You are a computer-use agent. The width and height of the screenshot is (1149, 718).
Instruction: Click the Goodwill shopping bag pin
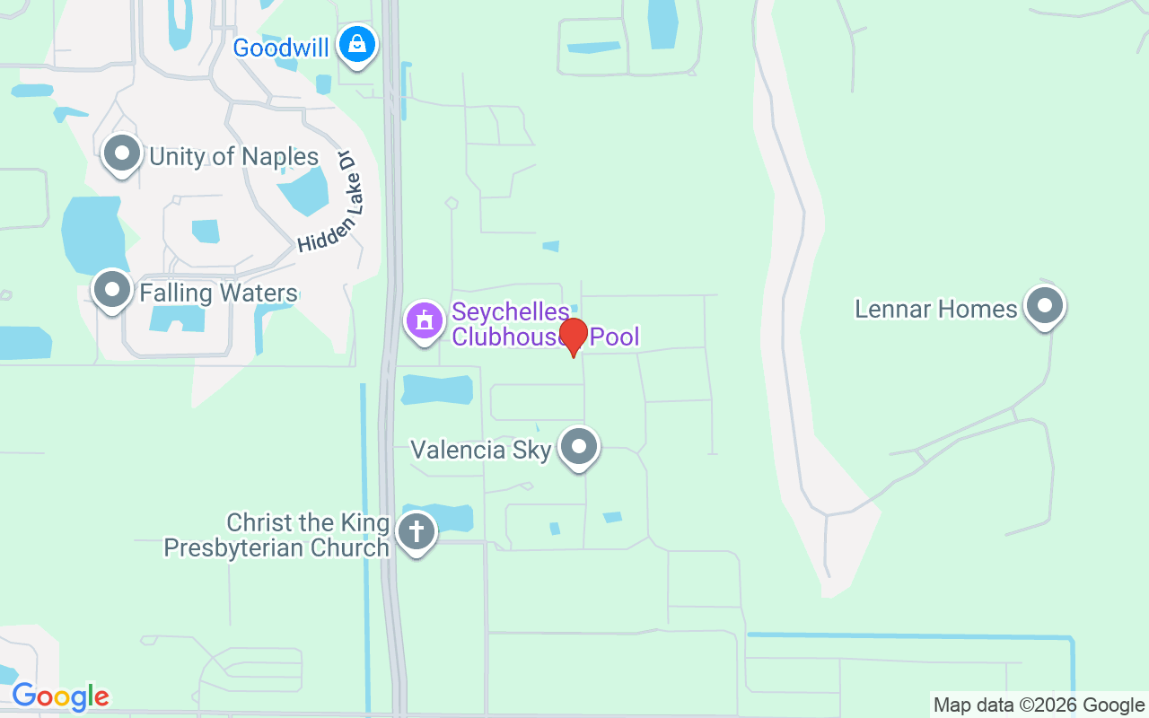357,44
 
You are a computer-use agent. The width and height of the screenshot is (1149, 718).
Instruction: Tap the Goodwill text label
281,48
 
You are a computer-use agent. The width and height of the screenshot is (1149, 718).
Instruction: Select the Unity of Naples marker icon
122,154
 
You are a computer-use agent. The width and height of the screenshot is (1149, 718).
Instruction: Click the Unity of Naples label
233,157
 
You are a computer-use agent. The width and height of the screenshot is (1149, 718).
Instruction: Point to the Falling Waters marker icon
112,290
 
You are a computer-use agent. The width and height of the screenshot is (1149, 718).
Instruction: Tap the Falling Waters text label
218,293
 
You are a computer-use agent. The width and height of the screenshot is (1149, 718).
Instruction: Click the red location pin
573,336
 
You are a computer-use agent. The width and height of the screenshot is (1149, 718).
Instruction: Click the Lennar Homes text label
935,310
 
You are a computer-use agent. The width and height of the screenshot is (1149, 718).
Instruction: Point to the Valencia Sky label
480,450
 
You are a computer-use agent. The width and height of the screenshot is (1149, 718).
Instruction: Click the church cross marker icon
417,531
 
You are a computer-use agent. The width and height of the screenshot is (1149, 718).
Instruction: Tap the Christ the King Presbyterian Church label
276,535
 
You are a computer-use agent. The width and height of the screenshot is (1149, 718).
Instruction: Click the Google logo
60,696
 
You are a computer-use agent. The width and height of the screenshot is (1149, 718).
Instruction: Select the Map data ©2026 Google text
1039,705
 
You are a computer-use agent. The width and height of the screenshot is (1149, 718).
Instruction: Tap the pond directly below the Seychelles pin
437,390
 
